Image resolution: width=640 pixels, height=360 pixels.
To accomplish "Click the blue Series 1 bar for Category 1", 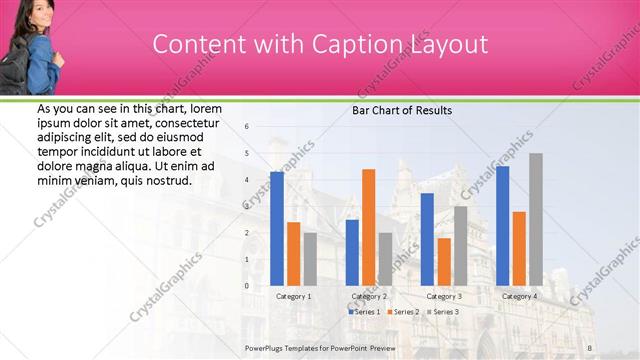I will pos(277,229).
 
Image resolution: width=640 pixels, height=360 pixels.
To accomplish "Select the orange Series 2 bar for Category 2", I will pos(368,227).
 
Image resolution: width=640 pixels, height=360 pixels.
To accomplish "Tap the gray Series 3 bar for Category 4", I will pos(536,219).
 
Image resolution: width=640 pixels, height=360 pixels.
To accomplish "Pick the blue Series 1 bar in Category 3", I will pos(427,239).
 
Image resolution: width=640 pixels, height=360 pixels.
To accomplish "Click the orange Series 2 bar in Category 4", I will pos(519,248).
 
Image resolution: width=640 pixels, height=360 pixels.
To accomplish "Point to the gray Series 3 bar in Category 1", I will pos(310,259).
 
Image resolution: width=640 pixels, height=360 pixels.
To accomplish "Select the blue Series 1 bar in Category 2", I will pos(352,252).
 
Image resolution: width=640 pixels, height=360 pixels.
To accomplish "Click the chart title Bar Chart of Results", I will pos(402,110).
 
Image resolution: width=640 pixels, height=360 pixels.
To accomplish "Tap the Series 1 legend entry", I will pos(364,312).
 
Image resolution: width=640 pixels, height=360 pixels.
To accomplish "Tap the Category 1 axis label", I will pos(293,296).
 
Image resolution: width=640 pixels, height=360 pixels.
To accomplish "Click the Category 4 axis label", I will pos(519,296).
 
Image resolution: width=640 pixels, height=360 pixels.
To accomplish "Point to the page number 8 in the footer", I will pos(590,347).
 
